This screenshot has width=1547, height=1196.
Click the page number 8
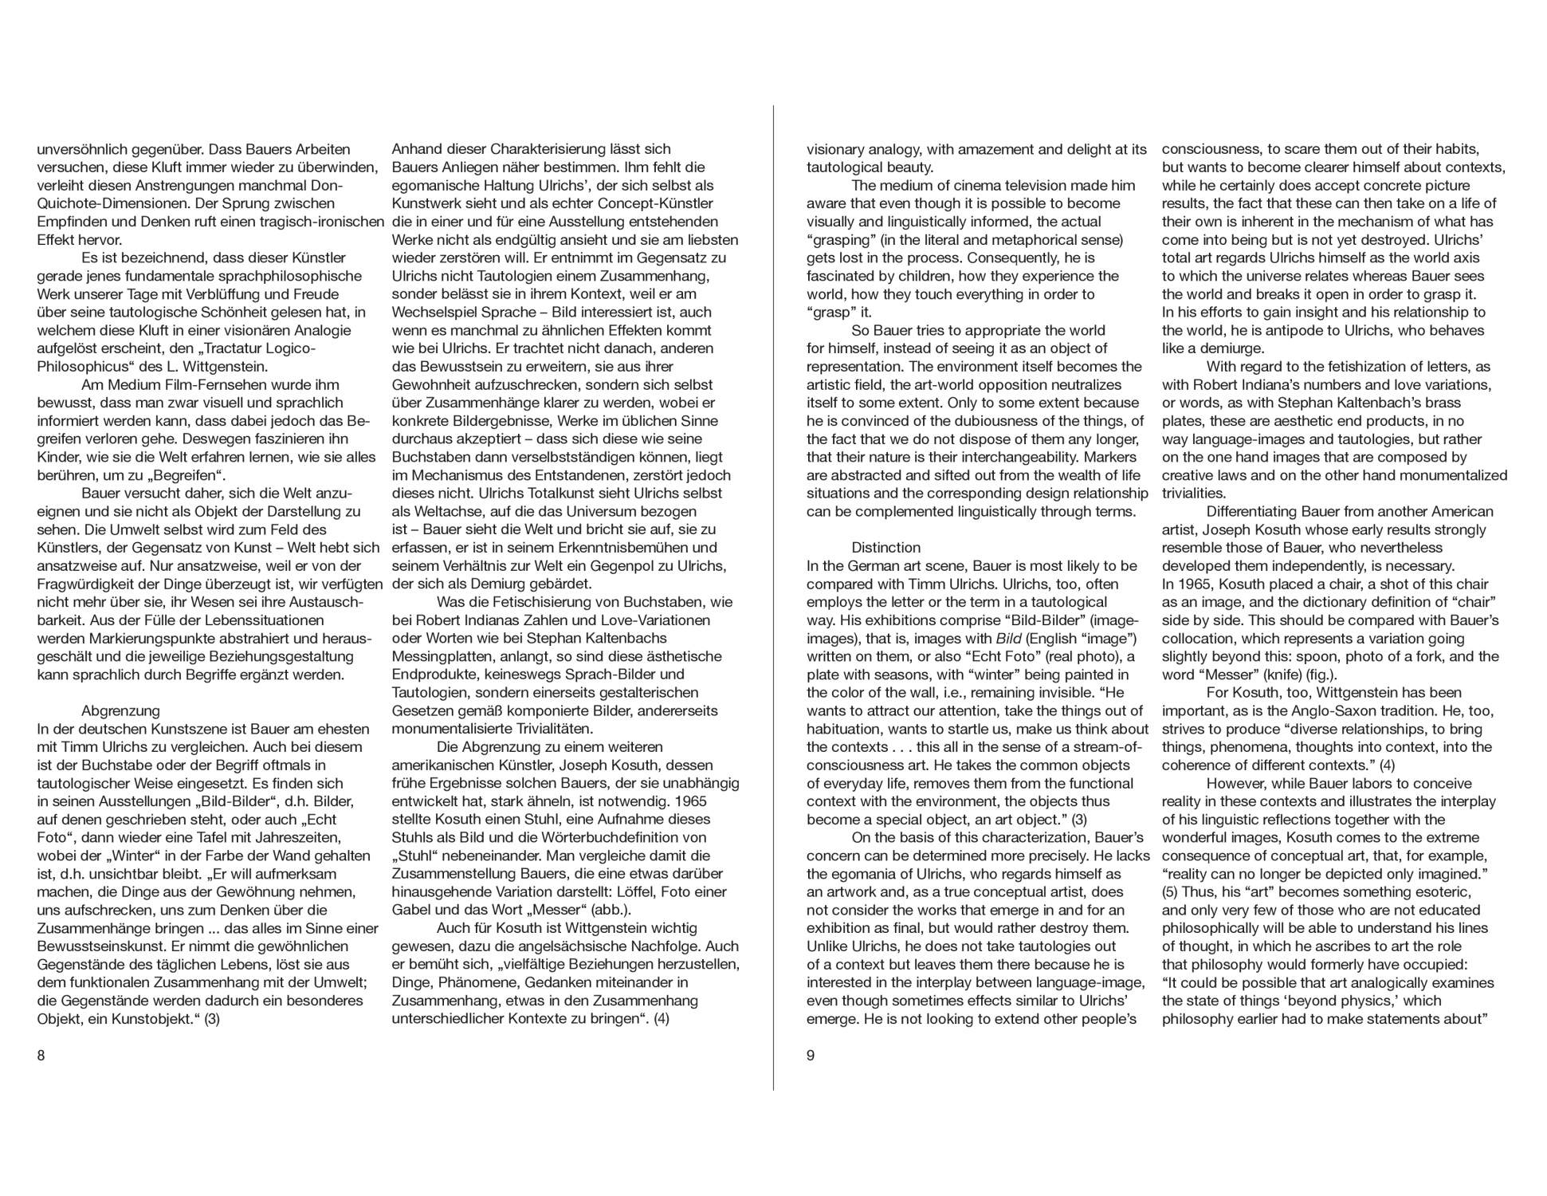coord(41,1056)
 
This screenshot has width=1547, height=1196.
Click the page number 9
coord(811,1056)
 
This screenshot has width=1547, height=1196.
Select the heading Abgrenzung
coord(120,710)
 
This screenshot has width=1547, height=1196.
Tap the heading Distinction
coord(885,548)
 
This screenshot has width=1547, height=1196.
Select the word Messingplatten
coord(441,656)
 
